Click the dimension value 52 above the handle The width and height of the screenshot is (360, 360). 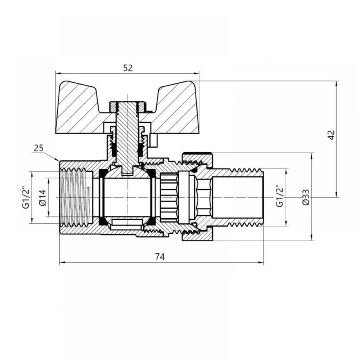click(x=128, y=68)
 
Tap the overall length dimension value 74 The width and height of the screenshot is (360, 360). click(x=160, y=257)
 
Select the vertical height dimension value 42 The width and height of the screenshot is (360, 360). click(x=331, y=135)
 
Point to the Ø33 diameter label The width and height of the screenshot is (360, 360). click(x=306, y=197)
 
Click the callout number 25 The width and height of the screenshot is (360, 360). click(x=39, y=148)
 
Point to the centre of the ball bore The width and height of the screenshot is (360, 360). click(x=127, y=197)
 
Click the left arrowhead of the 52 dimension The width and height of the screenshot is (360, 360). click(x=58, y=73)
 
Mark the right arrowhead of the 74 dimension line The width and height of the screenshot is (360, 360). click(x=261, y=263)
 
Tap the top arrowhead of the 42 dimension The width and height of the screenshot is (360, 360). click(x=337, y=84)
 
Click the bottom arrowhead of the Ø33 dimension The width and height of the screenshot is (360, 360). click(x=311, y=238)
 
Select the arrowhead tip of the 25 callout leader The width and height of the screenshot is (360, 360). click(x=59, y=161)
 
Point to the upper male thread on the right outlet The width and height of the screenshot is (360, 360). click(x=247, y=171)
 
